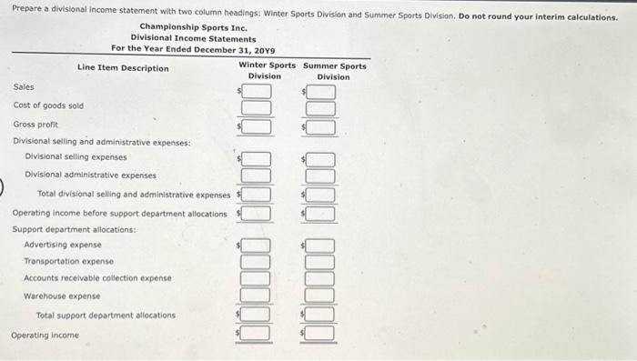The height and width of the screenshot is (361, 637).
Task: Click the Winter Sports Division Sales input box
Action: (257, 92)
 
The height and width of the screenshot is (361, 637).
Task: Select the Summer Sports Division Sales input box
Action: (321, 92)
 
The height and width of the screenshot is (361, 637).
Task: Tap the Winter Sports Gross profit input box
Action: (257, 126)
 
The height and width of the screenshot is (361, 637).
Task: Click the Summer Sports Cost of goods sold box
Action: (321, 109)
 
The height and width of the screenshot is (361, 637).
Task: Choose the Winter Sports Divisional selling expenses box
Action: (257, 159)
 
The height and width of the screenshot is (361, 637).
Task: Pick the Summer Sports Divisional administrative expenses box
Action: (321, 175)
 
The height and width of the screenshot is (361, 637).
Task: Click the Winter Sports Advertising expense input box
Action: (257, 246)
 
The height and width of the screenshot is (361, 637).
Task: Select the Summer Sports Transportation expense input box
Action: (321, 262)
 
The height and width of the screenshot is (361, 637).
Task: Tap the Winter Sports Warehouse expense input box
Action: (257, 296)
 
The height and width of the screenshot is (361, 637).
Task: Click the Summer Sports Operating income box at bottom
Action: (321, 334)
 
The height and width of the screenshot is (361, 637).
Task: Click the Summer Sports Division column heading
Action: (334, 71)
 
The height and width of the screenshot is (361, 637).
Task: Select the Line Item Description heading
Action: (123, 68)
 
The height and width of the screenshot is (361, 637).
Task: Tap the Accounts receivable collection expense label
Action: (97, 278)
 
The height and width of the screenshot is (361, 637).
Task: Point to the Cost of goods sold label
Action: (48, 105)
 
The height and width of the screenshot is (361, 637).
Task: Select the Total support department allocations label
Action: (106, 316)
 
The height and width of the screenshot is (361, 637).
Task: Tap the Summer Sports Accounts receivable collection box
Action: (321, 278)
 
